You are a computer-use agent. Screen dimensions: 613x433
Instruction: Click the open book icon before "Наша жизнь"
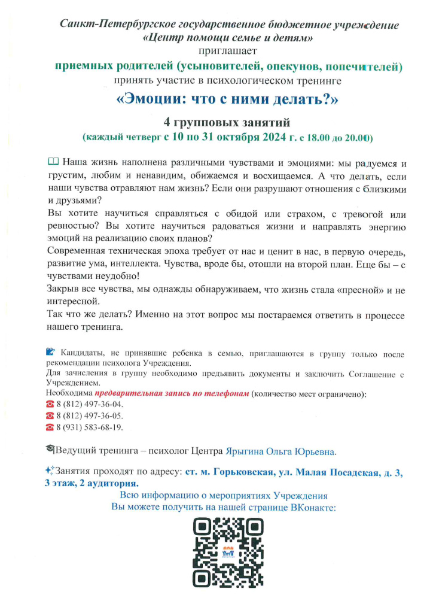click(x=53, y=162)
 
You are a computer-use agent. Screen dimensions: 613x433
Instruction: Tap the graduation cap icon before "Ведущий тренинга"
click(x=50, y=449)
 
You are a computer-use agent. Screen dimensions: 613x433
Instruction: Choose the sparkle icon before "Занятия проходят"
click(x=50, y=471)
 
